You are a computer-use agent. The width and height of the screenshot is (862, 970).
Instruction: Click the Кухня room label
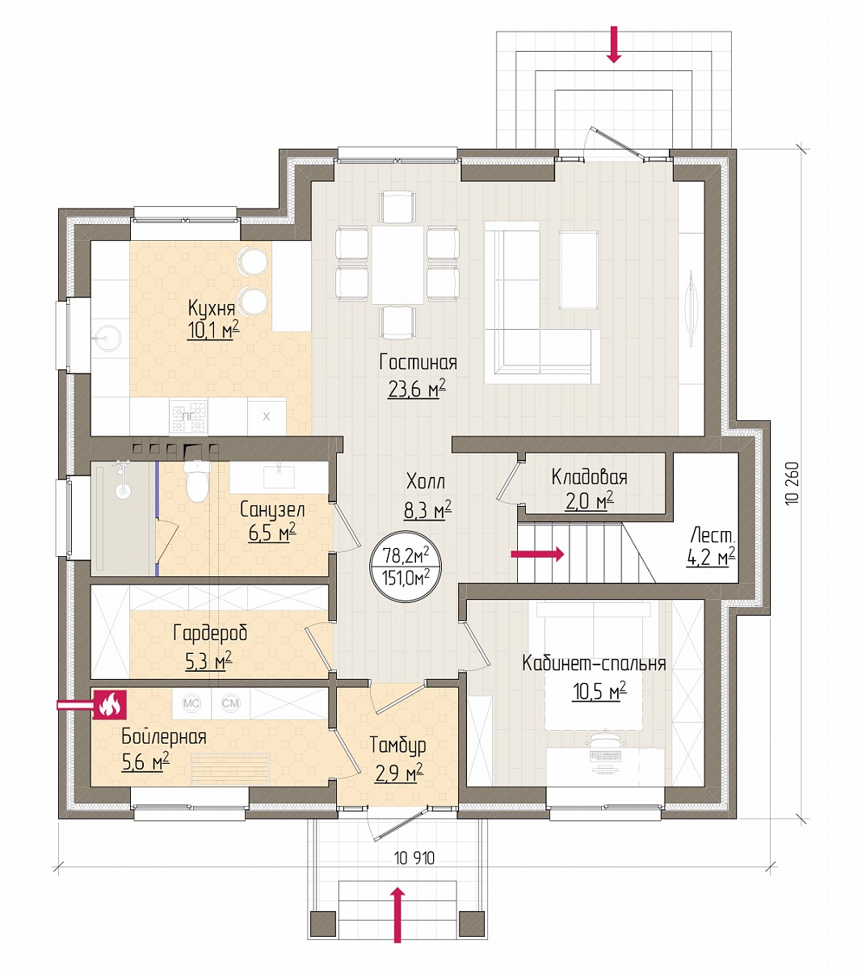coord(211,309)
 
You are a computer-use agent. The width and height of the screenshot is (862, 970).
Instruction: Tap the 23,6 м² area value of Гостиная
coord(417,390)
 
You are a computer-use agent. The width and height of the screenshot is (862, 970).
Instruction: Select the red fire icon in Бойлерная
coord(109,704)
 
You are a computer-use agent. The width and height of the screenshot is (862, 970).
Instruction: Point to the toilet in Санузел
coord(196,480)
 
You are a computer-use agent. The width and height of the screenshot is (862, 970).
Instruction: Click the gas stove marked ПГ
coord(188,416)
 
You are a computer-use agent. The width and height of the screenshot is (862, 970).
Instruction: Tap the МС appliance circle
coord(191,703)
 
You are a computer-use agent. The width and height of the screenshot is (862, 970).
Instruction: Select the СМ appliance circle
coord(231,703)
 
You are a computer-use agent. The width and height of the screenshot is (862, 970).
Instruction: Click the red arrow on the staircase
coord(537,555)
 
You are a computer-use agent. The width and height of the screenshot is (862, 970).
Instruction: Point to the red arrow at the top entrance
coord(614,44)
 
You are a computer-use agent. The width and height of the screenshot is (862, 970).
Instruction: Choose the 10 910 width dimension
coord(414,858)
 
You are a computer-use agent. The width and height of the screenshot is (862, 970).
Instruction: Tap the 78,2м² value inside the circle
coord(406,555)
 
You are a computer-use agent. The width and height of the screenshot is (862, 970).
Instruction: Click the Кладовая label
coord(589,478)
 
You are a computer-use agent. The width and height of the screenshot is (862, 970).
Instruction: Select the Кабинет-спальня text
coord(594,664)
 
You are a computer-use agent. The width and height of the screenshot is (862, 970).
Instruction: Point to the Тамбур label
coord(397,744)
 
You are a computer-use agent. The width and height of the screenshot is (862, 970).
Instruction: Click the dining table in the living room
coord(397,265)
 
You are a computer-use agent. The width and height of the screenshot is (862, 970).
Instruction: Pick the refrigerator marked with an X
coord(267,416)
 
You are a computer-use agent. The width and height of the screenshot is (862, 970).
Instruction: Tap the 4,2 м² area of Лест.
coord(711,557)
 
